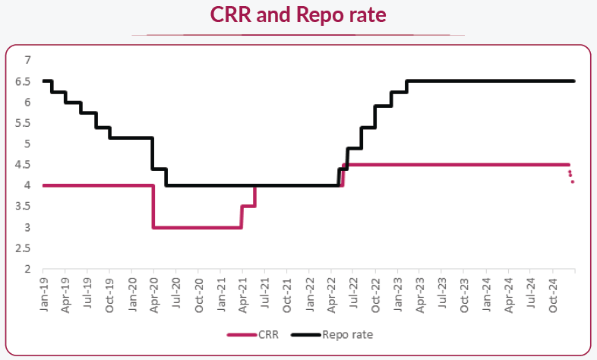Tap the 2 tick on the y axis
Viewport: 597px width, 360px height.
tap(27, 269)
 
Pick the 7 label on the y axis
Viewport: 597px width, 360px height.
tap(27, 60)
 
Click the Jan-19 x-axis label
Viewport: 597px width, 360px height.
tap(44, 295)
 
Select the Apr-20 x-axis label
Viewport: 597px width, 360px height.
tap(154, 295)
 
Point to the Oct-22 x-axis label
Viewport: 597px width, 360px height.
tap(375, 295)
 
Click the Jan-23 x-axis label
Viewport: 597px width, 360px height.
tap(397, 295)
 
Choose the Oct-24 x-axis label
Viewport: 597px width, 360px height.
tap(552, 295)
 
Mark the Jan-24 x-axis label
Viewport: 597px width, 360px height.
tap(486, 295)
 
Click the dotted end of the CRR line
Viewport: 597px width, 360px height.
tap(571, 177)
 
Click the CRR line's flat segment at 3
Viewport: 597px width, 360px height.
tap(197, 227)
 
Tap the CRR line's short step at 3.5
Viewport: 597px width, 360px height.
tap(248, 206)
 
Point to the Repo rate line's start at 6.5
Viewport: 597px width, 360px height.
tap(46, 81)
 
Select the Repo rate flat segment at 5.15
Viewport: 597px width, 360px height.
tap(131, 137)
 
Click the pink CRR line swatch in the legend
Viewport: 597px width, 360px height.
tap(242, 333)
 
